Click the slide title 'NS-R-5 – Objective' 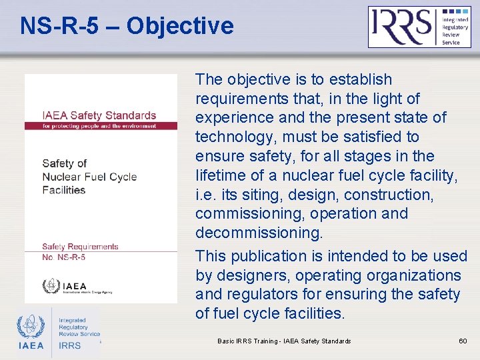pos(127,26)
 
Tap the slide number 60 pos(463,341)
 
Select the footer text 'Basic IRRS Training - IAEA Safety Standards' pos(284,341)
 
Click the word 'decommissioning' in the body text pos(258,233)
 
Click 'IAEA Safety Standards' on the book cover pos(99,115)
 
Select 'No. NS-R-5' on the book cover pos(63,257)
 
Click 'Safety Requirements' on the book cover pos(80,246)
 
